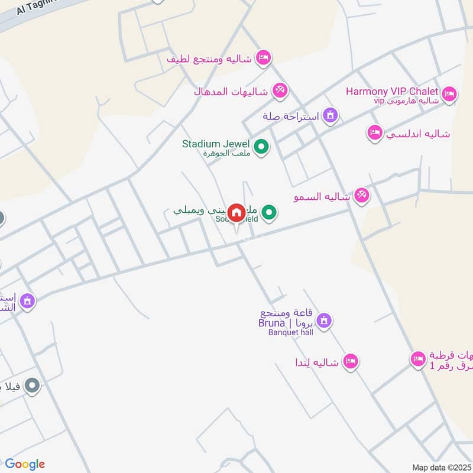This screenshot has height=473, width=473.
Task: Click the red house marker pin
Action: (x=237, y=213)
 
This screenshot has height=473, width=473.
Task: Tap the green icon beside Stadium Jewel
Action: (x=261, y=145)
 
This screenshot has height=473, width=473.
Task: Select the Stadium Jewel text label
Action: (x=216, y=144)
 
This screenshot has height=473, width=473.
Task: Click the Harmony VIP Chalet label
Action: (x=392, y=91)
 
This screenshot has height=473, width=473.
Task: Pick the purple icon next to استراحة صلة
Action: (x=331, y=115)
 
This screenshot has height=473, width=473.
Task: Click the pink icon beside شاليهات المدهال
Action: (x=279, y=90)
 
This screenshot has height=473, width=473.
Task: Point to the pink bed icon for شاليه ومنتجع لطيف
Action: (x=263, y=58)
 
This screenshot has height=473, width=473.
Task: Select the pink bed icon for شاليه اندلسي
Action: (x=374, y=133)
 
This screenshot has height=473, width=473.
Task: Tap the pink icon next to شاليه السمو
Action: (x=361, y=195)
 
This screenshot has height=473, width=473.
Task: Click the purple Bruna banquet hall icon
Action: (x=323, y=321)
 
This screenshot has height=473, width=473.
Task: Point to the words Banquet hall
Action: (x=290, y=332)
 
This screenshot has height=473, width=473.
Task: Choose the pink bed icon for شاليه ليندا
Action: (x=351, y=361)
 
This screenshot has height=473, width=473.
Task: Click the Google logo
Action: (x=25, y=464)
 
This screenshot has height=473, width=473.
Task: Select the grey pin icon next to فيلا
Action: (x=33, y=387)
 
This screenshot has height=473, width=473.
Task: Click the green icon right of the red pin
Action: (x=270, y=212)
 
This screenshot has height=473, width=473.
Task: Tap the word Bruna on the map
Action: (x=271, y=323)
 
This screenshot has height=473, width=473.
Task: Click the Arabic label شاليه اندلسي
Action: (x=418, y=134)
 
